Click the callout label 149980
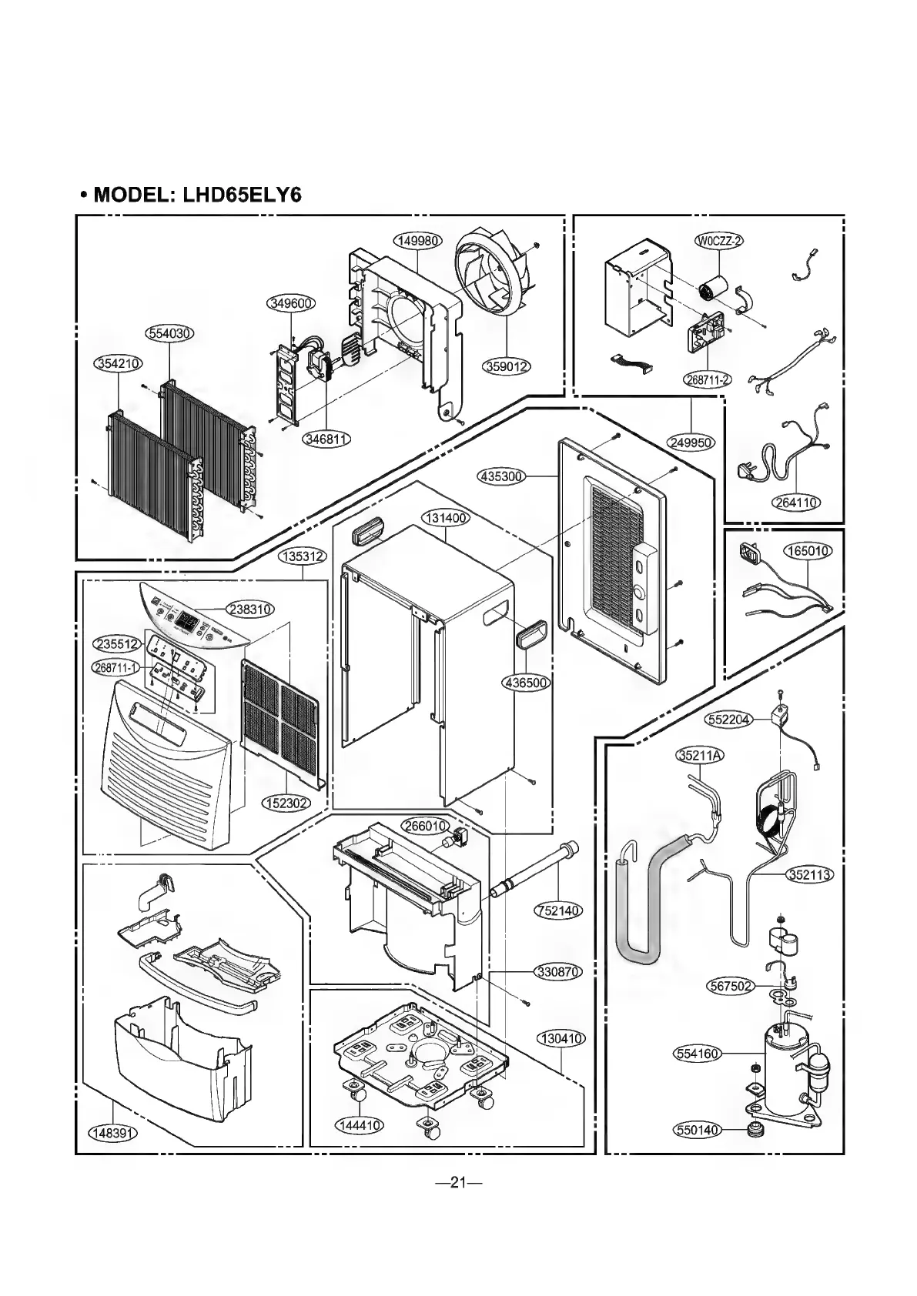point(417,241)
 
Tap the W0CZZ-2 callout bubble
point(718,241)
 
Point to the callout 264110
point(795,503)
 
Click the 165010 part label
point(807,551)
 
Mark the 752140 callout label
point(558,910)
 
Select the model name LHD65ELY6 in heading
point(241,195)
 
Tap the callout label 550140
point(696,1130)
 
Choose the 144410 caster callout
point(359,1125)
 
